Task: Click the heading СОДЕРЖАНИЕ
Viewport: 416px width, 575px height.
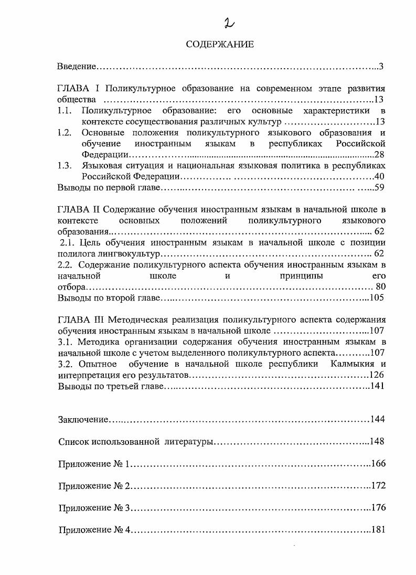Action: tap(219, 45)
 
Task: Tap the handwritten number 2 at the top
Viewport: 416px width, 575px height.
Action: tap(229, 23)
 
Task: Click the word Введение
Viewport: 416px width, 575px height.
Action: tap(77, 67)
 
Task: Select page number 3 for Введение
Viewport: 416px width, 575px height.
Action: tap(382, 67)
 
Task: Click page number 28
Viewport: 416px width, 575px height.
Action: tap(380, 154)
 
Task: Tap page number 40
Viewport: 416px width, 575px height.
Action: tap(380, 176)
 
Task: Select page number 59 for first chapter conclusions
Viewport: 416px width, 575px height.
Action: tap(380, 187)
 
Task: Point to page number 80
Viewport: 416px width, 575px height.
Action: tap(381, 286)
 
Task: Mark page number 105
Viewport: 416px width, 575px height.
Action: tap(377, 297)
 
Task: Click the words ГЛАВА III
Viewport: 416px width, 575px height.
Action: tap(80, 320)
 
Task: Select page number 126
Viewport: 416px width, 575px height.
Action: tap(377, 375)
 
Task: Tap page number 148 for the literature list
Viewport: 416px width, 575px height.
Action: tap(377, 442)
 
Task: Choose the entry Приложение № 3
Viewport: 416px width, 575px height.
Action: tap(94, 508)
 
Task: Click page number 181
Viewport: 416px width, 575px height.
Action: tap(378, 530)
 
